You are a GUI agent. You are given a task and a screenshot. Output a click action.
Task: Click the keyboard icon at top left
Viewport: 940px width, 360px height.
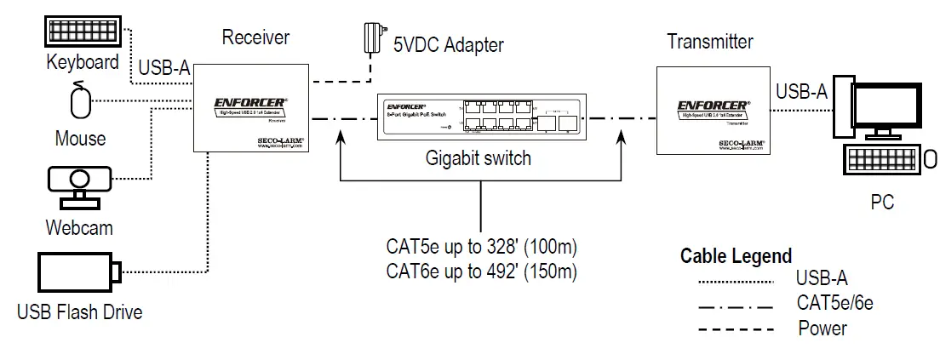tap(83, 32)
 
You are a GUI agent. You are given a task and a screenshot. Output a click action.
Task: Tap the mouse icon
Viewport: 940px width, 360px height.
tap(81, 102)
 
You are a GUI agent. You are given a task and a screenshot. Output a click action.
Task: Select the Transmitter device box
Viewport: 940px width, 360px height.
tap(714, 111)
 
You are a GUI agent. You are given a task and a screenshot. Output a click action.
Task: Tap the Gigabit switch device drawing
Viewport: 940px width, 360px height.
tap(479, 116)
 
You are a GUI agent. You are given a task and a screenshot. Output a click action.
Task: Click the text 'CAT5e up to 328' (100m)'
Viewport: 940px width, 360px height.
tap(482, 248)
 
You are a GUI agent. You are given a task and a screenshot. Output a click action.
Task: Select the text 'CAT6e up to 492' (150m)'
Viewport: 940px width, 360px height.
tap(482, 272)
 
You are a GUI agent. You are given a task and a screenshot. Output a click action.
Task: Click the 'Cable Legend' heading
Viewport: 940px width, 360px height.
tap(736, 256)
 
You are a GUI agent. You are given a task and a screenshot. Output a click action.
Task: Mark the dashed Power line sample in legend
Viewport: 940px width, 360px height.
tap(734, 328)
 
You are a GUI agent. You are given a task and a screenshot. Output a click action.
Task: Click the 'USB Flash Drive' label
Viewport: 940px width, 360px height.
tap(80, 312)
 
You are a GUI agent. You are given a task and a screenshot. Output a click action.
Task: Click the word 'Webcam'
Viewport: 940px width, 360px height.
tap(79, 228)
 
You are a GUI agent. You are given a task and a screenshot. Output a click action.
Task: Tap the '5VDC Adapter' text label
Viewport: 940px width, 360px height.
tap(449, 44)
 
